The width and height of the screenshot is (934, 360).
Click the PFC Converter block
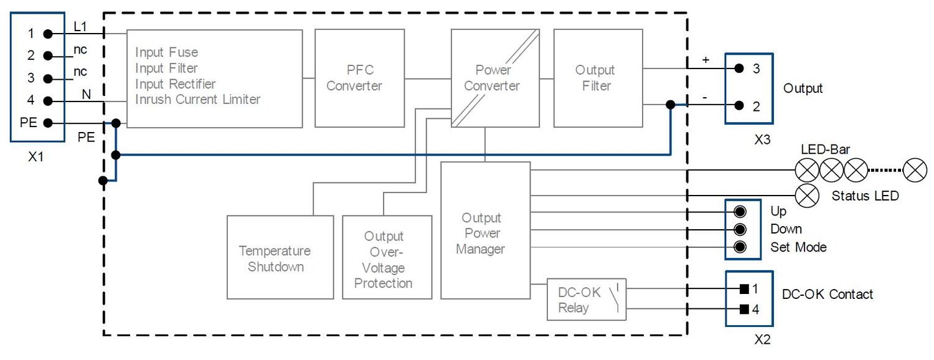(x=354, y=78)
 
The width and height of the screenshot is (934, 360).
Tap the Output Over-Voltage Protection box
(x=387, y=258)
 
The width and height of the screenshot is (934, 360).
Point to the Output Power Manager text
(x=481, y=234)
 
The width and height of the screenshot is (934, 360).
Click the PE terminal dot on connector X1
(x=47, y=123)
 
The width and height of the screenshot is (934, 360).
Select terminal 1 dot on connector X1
(x=47, y=34)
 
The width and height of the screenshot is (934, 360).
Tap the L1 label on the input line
(x=80, y=27)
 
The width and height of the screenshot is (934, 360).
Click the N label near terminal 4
(x=86, y=93)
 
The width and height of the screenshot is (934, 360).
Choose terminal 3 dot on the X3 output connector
(x=738, y=69)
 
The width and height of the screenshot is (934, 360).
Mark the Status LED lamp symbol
(x=808, y=195)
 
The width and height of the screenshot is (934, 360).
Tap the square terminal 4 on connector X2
(x=743, y=309)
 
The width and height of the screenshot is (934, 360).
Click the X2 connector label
(x=763, y=340)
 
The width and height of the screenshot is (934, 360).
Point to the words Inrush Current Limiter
(x=197, y=100)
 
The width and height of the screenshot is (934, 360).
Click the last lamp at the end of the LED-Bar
(x=915, y=170)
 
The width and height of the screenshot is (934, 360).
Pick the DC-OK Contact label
(x=828, y=294)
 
